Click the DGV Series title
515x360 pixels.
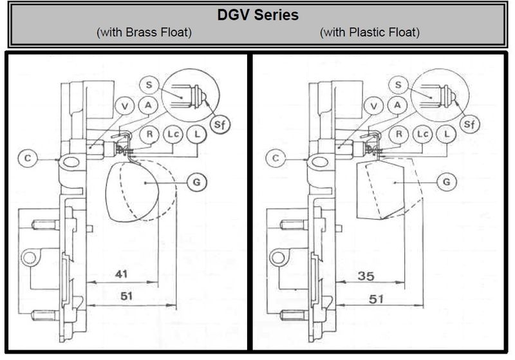pyautogui.click(x=257, y=14)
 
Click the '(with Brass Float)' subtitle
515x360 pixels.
pyautogui.click(x=144, y=32)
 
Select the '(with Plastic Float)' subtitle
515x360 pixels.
pyautogui.click(x=370, y=32)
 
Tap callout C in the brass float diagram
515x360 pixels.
pyautogui.click(x=28, y=156)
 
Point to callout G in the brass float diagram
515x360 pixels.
pyautogui.click(x=198, y=182)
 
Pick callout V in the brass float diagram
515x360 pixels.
pyautogui.click(x=125, y=106)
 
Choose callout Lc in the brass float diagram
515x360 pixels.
pyautogui.click(x=173, y=134)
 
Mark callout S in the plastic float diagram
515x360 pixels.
pyautogui.click(x=398, y=84)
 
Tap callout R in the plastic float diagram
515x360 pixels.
pyautogui.click(x=399, y=134)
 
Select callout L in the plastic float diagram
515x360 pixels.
pyautogui.click(x=445, y=134)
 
